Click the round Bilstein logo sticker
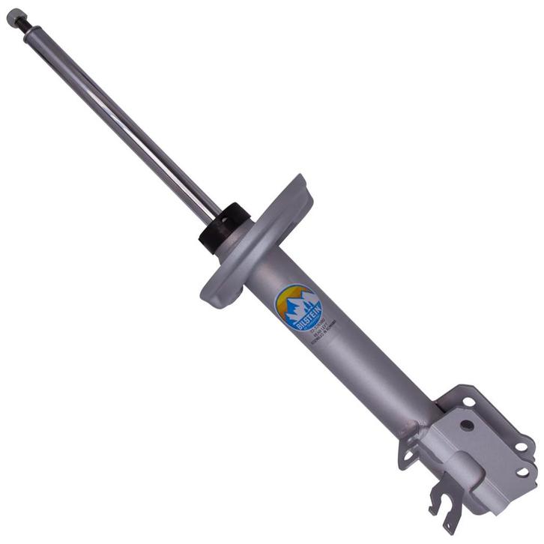pos(298,308)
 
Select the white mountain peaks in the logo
pos(302,303)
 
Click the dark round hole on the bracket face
pos(467,425)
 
